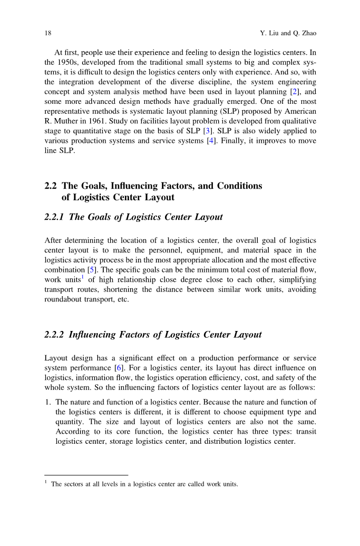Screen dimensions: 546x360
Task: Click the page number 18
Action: click(47, 33)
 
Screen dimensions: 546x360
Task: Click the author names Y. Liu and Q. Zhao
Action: click(288, 33)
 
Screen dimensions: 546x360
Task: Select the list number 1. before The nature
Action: click(48, 402)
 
